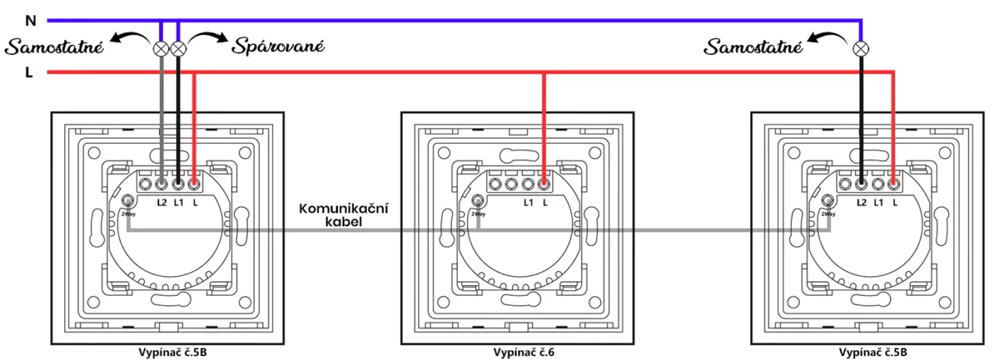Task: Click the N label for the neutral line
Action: coord(31,21)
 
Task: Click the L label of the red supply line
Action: coord(29,73)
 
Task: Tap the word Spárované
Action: coord(278,46)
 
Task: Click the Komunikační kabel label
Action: coord(343,215)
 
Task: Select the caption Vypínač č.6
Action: coord(524,352)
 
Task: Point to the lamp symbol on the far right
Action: coord(861,49)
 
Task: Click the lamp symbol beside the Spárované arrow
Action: coord(178,48)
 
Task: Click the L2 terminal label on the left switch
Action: coord(161,203)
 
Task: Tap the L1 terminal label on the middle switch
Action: coord(528,203)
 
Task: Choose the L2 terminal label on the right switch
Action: coord(861,203)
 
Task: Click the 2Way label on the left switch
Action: coord(128,214)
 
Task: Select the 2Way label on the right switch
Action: coord(828,214)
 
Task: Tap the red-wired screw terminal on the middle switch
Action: coord(544,183)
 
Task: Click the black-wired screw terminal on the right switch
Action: coord(861,183)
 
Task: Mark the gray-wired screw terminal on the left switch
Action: coord(161,183)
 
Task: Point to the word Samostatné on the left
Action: coord(54,47)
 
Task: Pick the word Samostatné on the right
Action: coord(753,47)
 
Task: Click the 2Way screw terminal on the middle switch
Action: coord(478,200)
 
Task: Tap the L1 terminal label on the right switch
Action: coord(879,203)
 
